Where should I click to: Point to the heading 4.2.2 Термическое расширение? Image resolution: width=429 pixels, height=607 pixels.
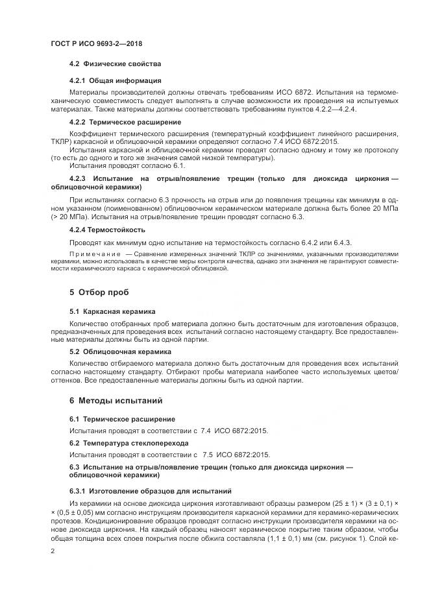[x=125, y=122]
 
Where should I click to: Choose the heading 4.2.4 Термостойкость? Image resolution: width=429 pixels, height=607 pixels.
[x=107, y=230]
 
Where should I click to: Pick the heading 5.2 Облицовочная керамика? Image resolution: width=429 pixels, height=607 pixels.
[x=116, y=351]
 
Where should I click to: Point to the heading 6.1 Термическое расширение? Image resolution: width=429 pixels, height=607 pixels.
[x=122, y=419]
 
